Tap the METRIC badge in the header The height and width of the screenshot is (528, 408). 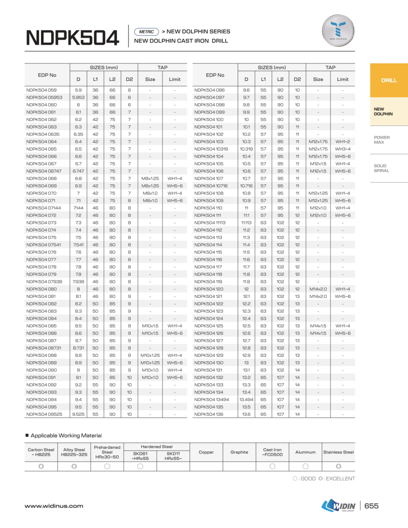(x=147, y=32)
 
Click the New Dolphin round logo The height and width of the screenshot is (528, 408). (x=338, y=31)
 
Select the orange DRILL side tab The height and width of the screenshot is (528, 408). (x=389, y=80)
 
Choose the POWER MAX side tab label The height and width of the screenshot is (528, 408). (x=382, y=140)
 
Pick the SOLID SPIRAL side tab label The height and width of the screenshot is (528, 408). (x=381, y=168)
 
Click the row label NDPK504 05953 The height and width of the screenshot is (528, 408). (x=44, y=97)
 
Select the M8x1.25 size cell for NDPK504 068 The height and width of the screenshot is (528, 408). (x=150, y=179)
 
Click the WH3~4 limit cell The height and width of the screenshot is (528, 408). (x=342, y=149)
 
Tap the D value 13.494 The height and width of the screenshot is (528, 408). (x=246, y=400)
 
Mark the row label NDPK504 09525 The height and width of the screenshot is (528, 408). (x=44, y=414)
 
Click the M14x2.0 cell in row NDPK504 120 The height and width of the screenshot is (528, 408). (x=318, y=289)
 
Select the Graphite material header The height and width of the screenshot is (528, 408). (x=239, y=452)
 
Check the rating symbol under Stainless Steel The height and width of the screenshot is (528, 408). (x=338, y=466)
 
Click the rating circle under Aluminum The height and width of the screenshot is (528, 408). (x=305, y=466)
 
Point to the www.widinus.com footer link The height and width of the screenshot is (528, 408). (x=54, y=506)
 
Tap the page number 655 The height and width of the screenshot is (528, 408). (x=371, y=506)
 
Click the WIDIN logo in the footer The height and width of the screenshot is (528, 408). (x=338, y=506)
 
